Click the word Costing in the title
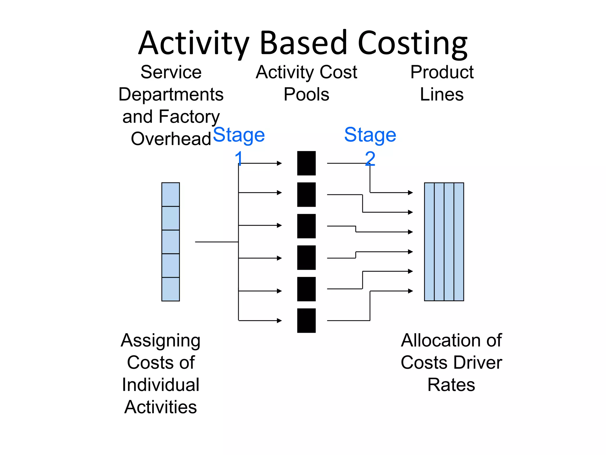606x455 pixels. click(412, 44)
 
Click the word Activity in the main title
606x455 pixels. click(194, 44)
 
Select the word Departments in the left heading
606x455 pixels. click(171, 94)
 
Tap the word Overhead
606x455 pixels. click(171, 139)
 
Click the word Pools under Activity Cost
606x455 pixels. click(306, 94)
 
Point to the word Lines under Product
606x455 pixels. click(441, 94)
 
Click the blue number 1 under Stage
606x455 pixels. click(239, 158)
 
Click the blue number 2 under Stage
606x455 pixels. click(370, 158)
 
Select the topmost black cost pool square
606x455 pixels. click(306, 163)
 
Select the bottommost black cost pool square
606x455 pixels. click(306, 321)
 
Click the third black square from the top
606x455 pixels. click(306, 226)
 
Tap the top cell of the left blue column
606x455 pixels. click(170, 194)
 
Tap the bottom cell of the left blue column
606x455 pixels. click(170, 289)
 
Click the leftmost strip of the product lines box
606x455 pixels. click(429, 242)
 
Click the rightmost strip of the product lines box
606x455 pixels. click(459, 242)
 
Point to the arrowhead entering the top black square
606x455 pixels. click(279, 163)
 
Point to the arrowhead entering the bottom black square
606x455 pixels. click(279, 321)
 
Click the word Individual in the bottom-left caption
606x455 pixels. click(161, 385)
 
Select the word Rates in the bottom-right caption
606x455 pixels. click(451, 385)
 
